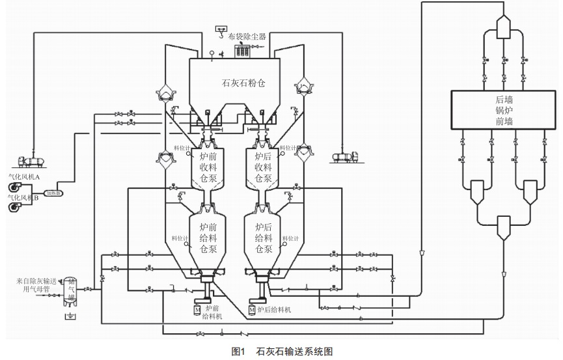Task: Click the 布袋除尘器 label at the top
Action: click(x=247, y=36)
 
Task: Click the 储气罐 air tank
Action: click(x=70, y=291)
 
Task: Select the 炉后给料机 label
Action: click(x=275, y=310)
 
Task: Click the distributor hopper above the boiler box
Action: click(x=504, y=25)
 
